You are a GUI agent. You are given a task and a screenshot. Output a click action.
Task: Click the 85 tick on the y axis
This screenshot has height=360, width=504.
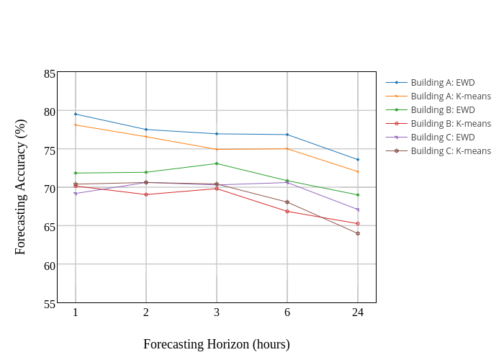click(50, 73)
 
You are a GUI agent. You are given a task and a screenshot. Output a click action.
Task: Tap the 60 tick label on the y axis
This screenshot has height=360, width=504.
click(50, 265)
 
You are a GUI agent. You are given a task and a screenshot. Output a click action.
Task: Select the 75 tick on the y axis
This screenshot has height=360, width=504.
click(50, 150)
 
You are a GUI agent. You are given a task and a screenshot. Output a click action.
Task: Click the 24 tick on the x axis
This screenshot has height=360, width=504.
click(358, 312)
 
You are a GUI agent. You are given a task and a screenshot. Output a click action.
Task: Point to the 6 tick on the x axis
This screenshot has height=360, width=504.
click(287, 312)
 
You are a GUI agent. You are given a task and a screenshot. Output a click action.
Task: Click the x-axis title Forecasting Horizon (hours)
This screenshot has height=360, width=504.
click(217, 344)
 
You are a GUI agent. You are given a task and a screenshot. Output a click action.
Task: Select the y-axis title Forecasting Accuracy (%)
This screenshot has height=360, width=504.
click(20, 187)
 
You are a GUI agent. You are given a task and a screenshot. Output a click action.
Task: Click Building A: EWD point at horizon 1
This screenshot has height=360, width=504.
click(76, 114)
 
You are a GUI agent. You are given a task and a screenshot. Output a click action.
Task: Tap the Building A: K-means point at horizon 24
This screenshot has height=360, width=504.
click(358, 171)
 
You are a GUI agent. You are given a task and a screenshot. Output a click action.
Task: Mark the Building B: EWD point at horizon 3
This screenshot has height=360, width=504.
click(217, 163)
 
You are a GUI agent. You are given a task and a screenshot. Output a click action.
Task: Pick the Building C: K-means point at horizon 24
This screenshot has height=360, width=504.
click(358, 233)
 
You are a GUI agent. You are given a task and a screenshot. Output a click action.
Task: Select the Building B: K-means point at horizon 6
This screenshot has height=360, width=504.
click(287, 211)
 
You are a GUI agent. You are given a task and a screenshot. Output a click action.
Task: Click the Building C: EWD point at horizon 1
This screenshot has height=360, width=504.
click(76, 194)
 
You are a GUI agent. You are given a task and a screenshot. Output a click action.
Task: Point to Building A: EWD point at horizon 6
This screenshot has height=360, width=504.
click(287, 135)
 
